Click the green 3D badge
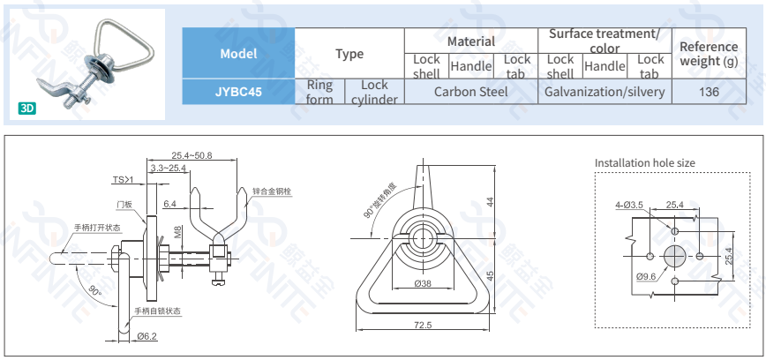[27, 109]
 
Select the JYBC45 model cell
[238, 91]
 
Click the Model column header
[238, 53]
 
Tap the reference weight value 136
[708, 91]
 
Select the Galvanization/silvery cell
[605, 91]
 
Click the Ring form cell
[319, 92]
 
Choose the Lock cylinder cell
[374, 92]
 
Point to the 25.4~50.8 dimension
[191, 155]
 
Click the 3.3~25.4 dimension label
[168, 168]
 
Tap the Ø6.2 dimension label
[146, 335]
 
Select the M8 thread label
[178, 232]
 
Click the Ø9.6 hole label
[647, 276]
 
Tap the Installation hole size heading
[645, 163]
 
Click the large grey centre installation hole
[675, 256]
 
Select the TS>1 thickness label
[122, 179]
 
